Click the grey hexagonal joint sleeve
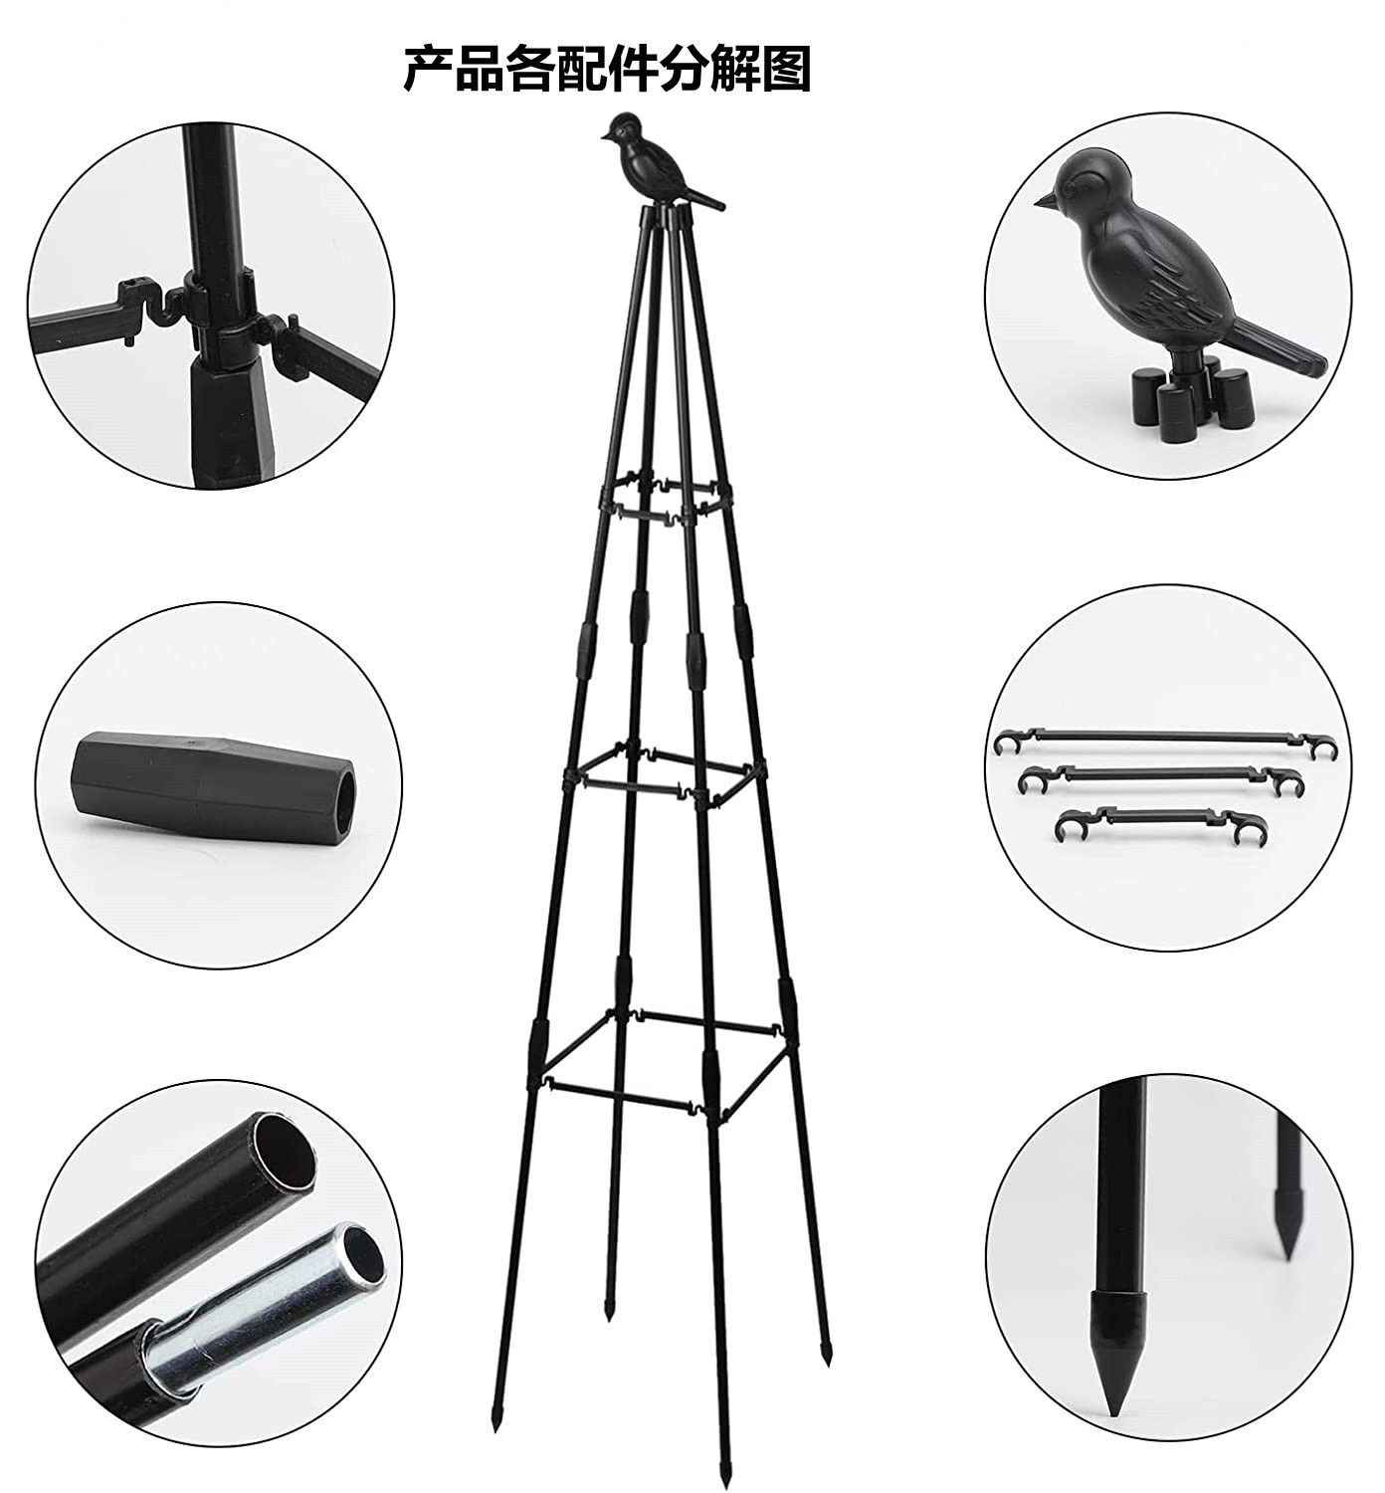tap(214, 775)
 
